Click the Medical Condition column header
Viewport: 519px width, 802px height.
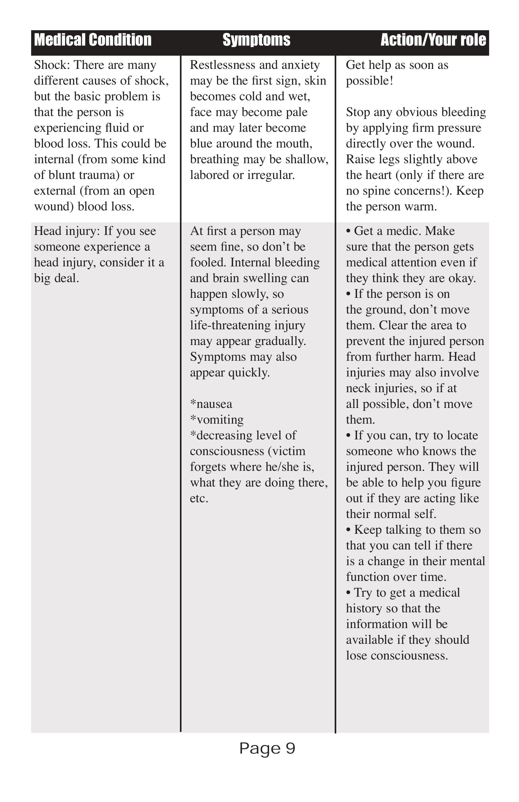(93, 40)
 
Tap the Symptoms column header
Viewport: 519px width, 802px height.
(256, 40)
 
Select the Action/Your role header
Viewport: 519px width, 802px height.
(433, 40)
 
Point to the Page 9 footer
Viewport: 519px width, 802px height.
(267, 749)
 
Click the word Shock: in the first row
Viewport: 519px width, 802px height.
(52, 65)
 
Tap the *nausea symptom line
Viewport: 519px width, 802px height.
(211, 404)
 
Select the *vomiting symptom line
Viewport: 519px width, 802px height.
(217, 420)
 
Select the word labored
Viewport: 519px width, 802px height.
(206, 175)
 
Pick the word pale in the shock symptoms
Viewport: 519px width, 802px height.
(297, 112)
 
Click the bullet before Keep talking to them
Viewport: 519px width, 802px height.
(349, 530)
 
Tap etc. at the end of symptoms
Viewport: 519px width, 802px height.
(199, 498)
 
